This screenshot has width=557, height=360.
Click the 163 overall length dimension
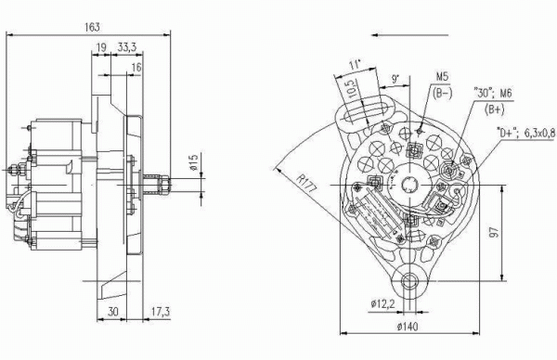click(92, 27)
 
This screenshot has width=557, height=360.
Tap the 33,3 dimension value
click(127, 47)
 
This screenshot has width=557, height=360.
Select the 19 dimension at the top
click(101, 47)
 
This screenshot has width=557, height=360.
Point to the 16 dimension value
click(136, 67)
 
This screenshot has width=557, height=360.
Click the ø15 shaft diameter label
click(194, 162)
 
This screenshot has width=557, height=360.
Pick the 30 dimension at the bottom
click(113, 312)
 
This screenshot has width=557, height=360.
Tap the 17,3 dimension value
click(161, 312)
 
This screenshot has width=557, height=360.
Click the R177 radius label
click(305, 183)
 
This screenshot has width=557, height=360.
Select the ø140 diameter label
click(408, 326)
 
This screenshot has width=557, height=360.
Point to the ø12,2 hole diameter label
click(382, 304)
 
